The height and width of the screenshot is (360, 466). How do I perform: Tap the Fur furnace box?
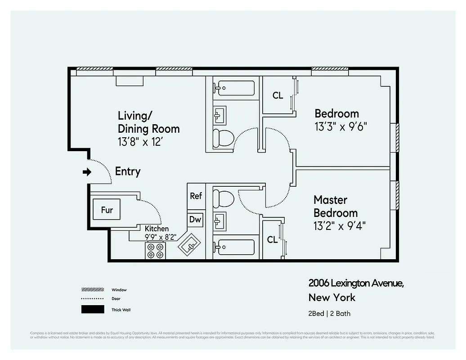(107, 209)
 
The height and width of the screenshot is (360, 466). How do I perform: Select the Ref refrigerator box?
(196, 196)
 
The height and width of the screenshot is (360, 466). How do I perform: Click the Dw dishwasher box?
(196, 220)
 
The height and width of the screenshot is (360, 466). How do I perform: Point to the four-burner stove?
(156, 251)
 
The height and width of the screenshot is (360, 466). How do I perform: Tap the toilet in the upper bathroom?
(223, 138)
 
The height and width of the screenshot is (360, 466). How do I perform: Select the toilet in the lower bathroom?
(223, 198)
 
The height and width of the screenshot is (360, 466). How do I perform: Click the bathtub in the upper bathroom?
(234, 88)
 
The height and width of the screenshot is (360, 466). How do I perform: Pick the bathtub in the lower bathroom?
(234, 247)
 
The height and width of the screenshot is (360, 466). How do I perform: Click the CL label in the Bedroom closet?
(278, 95)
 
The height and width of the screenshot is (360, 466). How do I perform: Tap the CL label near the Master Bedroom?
(272, 240)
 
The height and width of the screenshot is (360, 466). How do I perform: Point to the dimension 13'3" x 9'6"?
(341, 126)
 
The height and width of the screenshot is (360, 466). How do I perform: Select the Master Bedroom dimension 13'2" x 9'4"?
(339, 225)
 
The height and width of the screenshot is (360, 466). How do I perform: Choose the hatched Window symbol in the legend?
(92, 290)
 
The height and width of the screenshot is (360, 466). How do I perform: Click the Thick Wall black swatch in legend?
(92, 310)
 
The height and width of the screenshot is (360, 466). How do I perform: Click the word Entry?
(128, 171)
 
